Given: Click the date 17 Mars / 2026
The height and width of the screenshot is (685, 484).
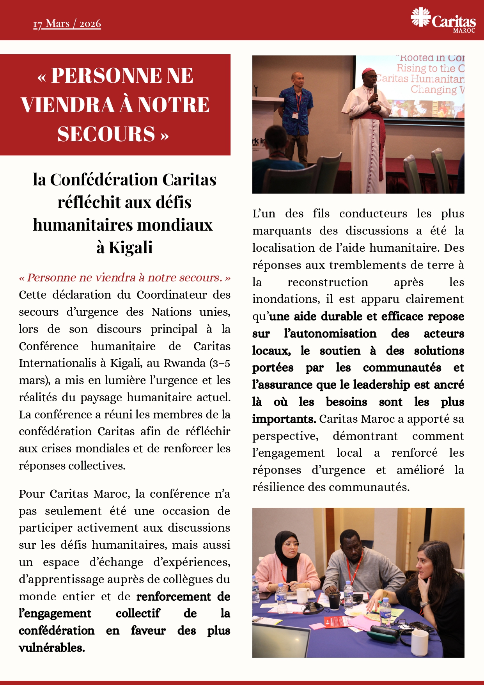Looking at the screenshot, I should pyautogui.click(x=67, y=24).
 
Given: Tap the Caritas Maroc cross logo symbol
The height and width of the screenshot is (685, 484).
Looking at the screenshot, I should pyautogui.click(x=420, y=17).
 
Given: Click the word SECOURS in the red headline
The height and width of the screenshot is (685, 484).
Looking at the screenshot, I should pyautogui.click(x=106, y=134).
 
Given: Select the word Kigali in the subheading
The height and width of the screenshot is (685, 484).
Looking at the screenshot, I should pyautogui.click(x=131, y=247).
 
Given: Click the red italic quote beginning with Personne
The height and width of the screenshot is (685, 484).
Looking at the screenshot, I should pyautogui.click(x=124, y=278).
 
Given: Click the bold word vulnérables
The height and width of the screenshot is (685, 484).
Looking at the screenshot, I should pyautogui.click(x=51, y=648).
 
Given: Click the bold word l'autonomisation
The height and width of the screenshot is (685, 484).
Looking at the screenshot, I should pyautogui.click(x=330, y=334).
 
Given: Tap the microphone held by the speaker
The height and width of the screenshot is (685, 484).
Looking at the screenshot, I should pyautogui.click(x=375, y=89).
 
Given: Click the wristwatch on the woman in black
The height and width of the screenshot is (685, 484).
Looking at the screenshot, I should pyautogui.click(x=425, y=604).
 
